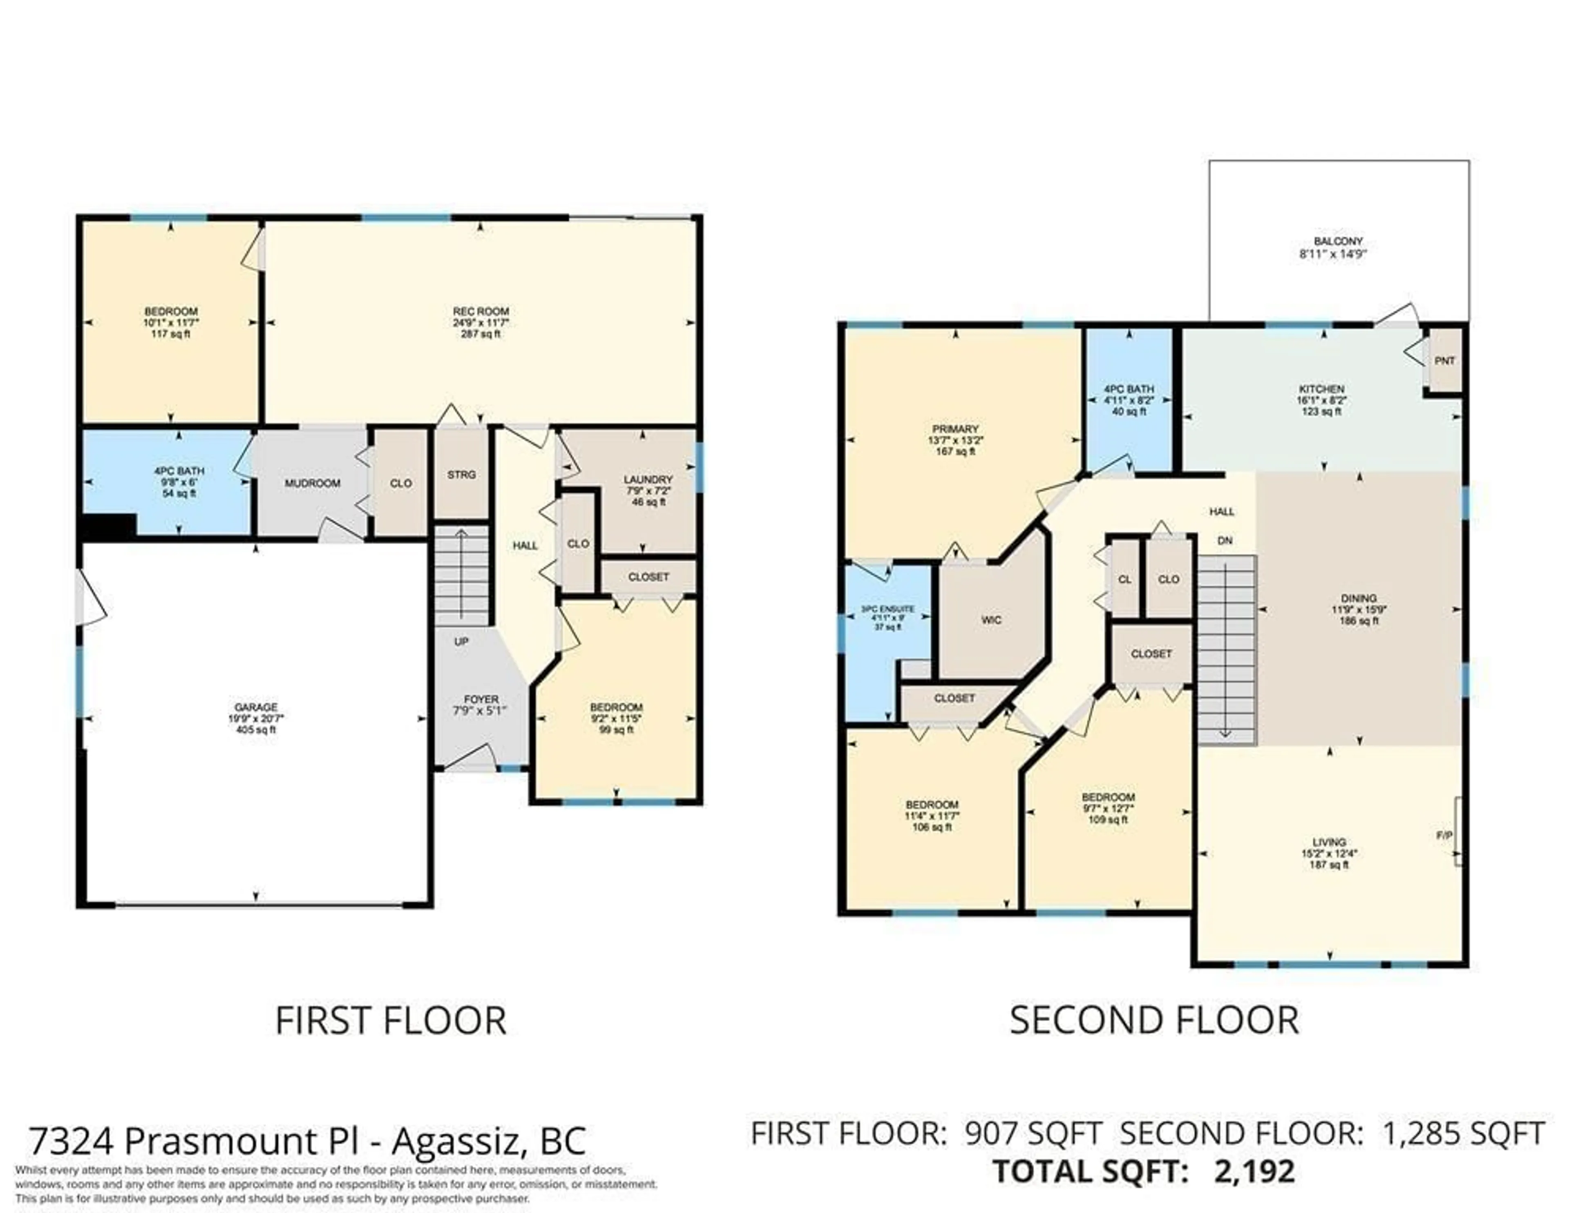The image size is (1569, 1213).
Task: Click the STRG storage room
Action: tap(461, 475)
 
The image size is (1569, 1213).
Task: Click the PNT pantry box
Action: tap(1444, 361)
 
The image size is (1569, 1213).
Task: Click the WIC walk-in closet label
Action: tap(991, 620)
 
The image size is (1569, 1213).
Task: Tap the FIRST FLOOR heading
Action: tap(390, 1021)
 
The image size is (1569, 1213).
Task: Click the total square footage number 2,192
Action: tap(1254, 1171)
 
